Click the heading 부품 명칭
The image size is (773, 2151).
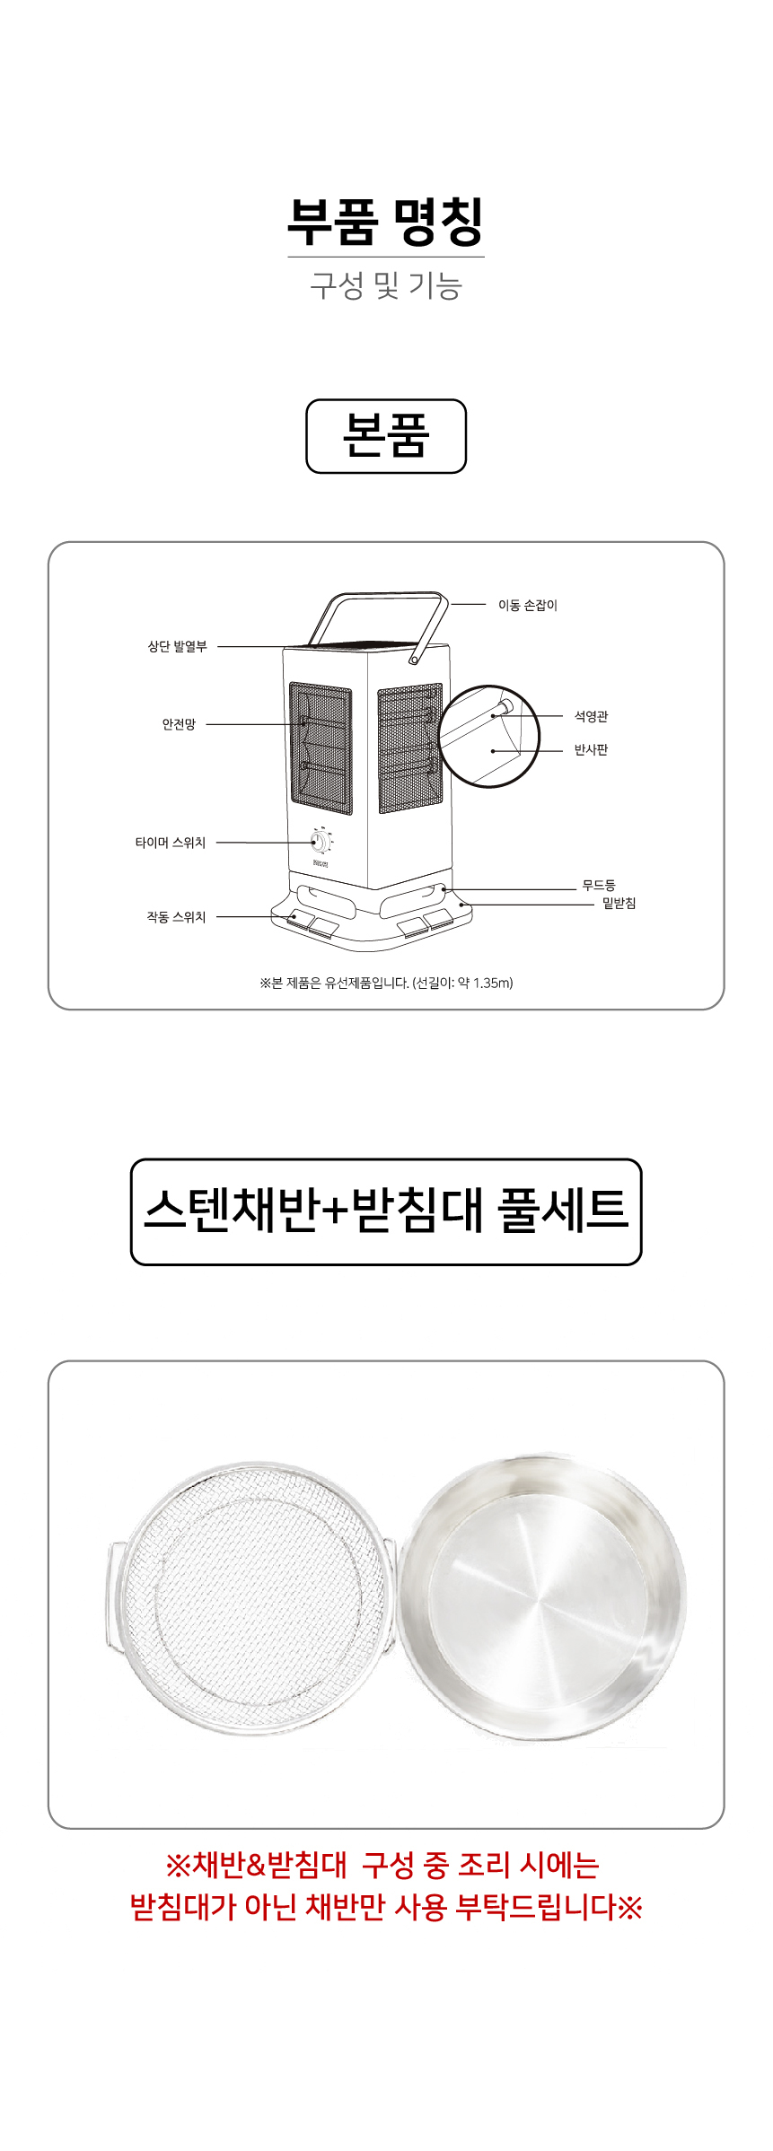(386, 222)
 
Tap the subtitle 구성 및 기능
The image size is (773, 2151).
(386, 285)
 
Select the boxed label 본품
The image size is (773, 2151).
(386, 436)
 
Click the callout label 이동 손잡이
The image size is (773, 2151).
(528, 606)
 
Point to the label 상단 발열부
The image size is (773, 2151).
(178, 646)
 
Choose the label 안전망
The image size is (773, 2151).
(179, 724)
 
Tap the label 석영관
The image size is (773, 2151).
(592, 716)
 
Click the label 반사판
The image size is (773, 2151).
(592, 750)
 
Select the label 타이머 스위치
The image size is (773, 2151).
(171, 843)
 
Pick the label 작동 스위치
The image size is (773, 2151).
(177, 917)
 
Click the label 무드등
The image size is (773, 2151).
(599, 886)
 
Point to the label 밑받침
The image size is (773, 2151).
(619, 904)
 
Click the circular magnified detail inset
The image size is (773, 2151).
(488, 737)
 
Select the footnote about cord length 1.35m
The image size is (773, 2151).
(386, 983)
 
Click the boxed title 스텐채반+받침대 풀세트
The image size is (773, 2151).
(386, 1212)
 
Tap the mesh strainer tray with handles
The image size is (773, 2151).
(251, 1598)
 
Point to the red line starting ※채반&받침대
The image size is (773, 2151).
(382, 1866)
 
